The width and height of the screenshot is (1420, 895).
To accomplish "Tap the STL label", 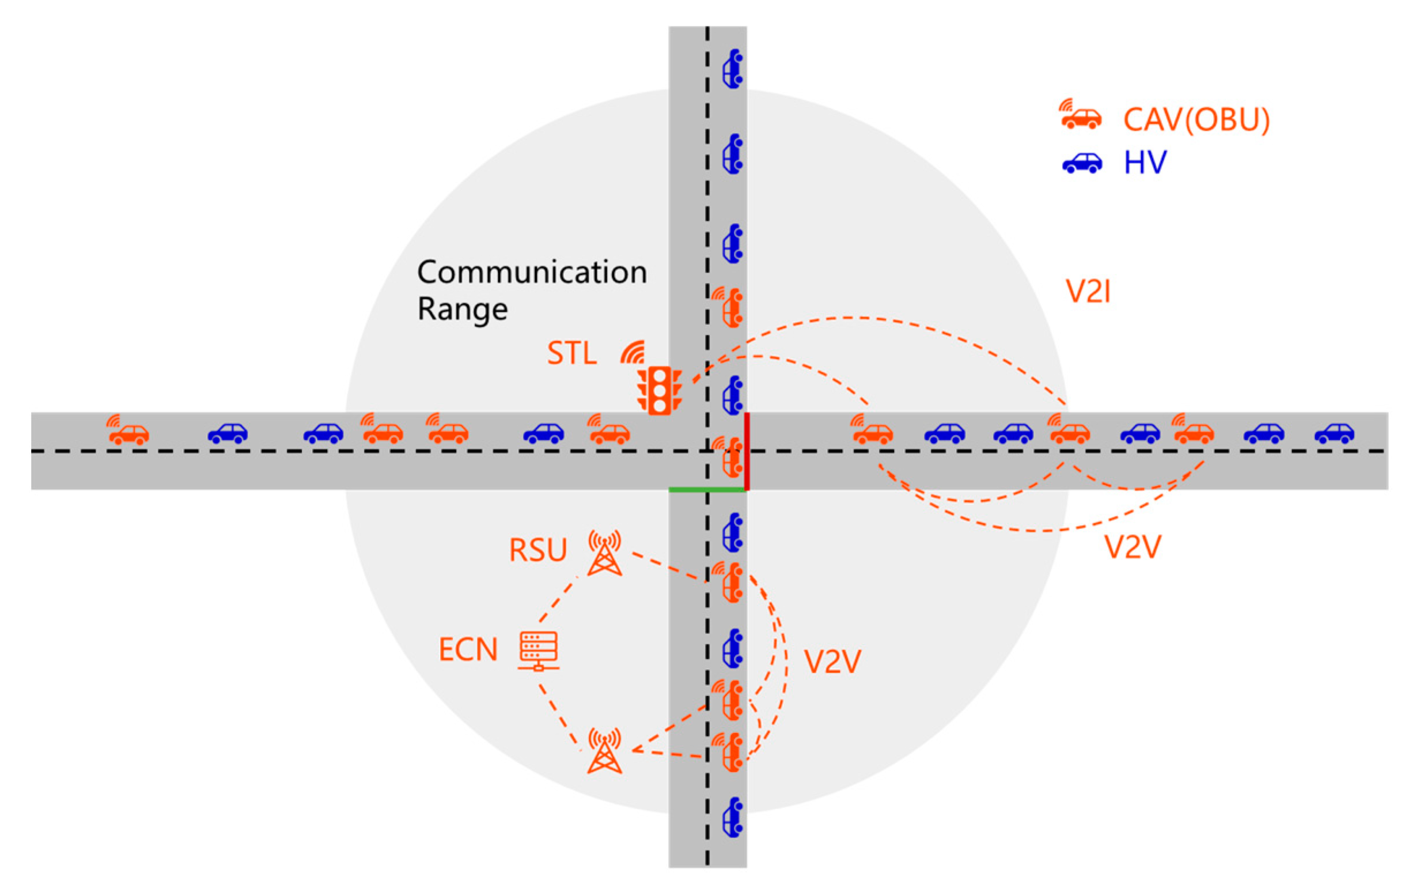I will coord(571,353).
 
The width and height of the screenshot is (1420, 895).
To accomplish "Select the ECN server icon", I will coord(539,651).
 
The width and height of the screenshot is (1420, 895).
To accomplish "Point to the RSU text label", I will coord(537,550).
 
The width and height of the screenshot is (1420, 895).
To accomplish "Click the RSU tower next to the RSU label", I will coord(604,553).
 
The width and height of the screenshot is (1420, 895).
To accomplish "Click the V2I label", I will coord(1088,292).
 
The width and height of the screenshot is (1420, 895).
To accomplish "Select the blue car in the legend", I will coord(1082,163).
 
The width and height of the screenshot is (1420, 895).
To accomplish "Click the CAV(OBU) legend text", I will coord(1196,120).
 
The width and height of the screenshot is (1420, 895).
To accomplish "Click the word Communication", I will coord(532,273).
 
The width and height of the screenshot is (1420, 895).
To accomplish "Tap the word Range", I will coord(463,309).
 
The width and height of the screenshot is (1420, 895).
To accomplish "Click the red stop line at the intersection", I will coord(747,451).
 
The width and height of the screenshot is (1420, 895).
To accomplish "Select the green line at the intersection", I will coord(707,490).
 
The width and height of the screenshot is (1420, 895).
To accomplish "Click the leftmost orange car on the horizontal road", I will coord(129,434).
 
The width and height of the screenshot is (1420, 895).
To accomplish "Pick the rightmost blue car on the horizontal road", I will coord(1334,433).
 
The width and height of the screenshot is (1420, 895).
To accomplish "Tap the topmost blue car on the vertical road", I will coord(733,69).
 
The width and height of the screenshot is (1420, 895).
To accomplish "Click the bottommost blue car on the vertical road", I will coord(733,817).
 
